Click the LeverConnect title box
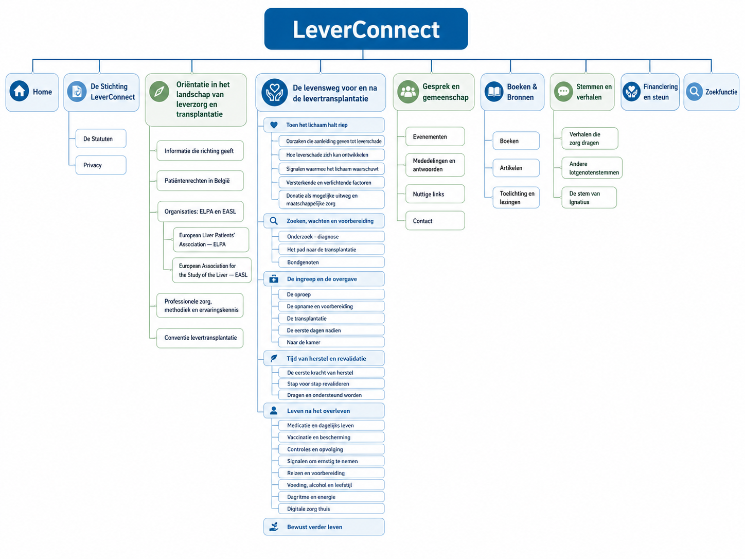coord(366,29)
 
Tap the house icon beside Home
coord(20,91)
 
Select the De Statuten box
coord(101,138)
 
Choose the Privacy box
coord(101,165)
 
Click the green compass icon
coord(159,91)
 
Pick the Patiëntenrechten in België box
coord(200,181)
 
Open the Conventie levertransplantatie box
coord(200,338)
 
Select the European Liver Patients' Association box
coord(211,240)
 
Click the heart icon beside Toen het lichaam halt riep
coord(274,125)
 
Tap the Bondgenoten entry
coord(331,263)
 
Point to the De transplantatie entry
coord(331,318)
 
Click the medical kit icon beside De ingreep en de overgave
coord(274,279)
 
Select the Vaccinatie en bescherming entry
coord(331,437)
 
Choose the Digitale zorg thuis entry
coord(331,509)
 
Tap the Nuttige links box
coord(435,194)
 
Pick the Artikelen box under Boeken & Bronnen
coord(516,168)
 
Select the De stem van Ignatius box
coord(589,198)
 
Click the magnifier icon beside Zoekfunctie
coord(694,91)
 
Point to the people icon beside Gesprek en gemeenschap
coord(408,91)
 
